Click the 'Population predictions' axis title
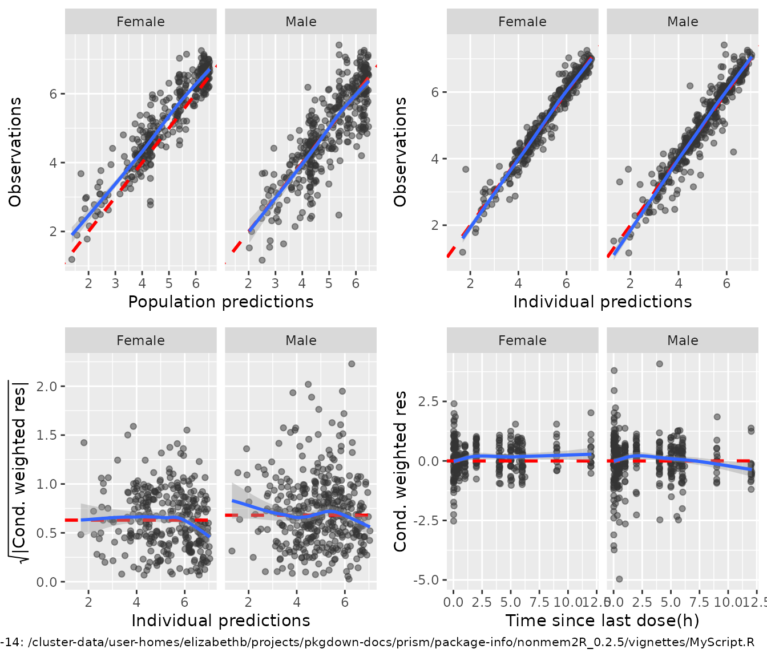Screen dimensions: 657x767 pos(221,302)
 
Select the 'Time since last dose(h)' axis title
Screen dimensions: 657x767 pos(602,620)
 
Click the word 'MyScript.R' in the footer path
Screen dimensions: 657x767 pos(721,643)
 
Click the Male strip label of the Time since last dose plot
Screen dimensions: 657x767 pos(683,340)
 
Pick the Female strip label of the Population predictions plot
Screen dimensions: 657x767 pos(140,22)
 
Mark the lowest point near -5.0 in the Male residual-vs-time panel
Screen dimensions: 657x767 pos(619,579)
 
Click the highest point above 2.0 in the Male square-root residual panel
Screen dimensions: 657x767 pos(352,364)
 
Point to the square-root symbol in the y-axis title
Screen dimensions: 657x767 pos(21,556)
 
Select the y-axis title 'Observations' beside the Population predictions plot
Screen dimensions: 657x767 pos(15,152)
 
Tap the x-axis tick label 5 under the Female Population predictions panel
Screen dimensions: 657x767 pos(169,283)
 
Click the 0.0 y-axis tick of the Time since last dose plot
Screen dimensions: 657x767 pos(429,461)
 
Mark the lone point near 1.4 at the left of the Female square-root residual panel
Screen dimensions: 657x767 pos(84,443)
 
